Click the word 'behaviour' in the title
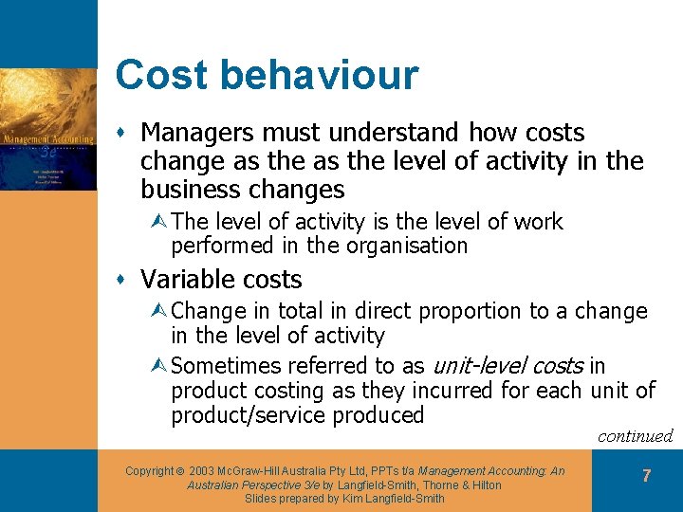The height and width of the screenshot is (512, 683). point(331,75)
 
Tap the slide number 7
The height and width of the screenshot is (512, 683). point(646,476)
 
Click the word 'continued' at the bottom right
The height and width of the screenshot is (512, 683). point(635,436)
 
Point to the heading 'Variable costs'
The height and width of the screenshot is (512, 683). point(221,280)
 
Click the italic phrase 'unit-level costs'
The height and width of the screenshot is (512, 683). point(508,366)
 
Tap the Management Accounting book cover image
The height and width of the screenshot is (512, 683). point(48,129)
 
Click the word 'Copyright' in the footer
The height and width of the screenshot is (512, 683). point(149,471)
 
